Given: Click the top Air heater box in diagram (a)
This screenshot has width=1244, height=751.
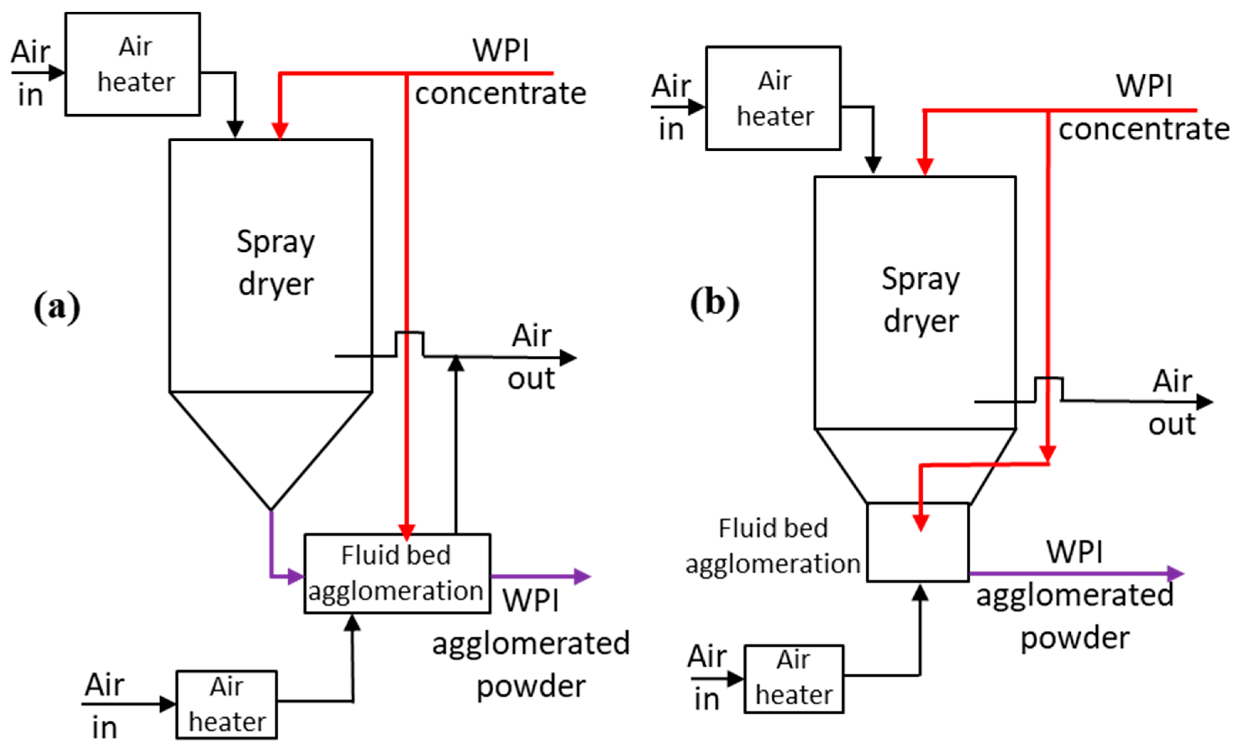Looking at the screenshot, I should point(132,64).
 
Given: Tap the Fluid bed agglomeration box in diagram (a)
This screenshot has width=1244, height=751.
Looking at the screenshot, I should point(397,574).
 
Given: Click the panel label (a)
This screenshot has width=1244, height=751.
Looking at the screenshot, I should point(57,307).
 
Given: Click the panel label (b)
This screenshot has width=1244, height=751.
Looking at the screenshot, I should point(714,303).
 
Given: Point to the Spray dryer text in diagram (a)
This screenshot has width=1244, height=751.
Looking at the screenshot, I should point(275,263).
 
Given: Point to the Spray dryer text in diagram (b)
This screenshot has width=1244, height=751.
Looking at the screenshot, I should point(920,300).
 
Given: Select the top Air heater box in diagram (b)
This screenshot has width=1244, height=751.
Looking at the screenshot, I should point(773,99).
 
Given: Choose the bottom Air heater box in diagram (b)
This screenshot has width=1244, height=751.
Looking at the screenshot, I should point(794,679).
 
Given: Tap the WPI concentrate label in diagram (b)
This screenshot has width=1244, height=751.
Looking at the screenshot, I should point(1144,108).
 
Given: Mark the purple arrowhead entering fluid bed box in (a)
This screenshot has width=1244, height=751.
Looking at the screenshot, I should point(295,576).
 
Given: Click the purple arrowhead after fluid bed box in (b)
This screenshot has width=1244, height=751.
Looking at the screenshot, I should point(1176,574).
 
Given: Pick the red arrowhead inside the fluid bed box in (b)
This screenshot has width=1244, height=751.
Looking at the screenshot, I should point(921,523).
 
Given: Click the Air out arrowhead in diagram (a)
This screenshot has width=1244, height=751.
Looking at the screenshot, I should point(568,358).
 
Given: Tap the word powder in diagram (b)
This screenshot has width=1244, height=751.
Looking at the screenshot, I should point(1075,638).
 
